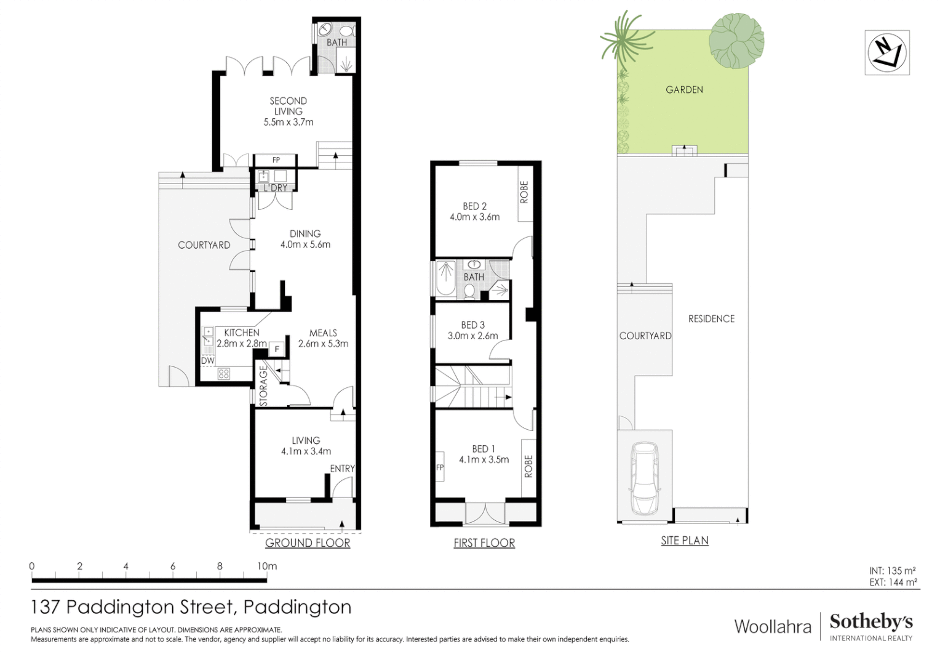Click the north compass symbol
886,52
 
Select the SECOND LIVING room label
288,106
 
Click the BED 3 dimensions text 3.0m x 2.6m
472,336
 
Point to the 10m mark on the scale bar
266,566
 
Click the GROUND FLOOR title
308,542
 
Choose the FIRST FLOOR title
484,542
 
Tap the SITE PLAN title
685,540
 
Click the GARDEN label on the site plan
684,89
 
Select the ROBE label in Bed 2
524,192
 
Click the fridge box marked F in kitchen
277,349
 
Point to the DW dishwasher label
208,361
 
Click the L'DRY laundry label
275,187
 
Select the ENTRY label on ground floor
342,469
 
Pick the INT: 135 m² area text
892,571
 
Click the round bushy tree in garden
736,40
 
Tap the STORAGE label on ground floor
263,387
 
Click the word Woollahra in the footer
773,627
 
